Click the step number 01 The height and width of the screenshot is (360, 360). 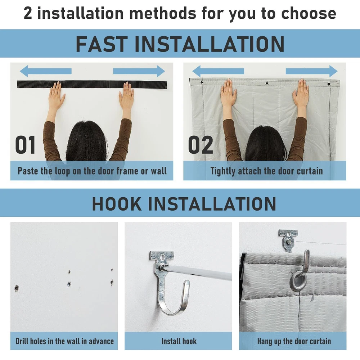[25, 145]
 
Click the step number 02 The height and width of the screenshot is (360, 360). [201, 145]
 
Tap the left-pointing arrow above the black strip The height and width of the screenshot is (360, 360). [46, 71]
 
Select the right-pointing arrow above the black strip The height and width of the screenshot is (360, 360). [139, 71]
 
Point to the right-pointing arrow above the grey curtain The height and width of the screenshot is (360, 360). [311, 71]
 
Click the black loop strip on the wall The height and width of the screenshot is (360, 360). [92, 84]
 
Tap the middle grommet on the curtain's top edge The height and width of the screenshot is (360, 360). [267, 84]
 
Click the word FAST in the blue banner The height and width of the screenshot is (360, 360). [102, 44]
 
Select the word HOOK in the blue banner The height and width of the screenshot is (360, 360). [117, 204]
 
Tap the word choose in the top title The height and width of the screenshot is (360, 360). [309, 13]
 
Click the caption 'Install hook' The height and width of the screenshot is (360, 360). [179, 341]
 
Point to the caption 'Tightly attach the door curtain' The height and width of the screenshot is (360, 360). [266, 171]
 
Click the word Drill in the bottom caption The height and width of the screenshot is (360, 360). [22, 341]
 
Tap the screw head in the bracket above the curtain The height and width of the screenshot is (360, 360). [290, 242]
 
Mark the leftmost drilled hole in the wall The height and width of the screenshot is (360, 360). [17, 288]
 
